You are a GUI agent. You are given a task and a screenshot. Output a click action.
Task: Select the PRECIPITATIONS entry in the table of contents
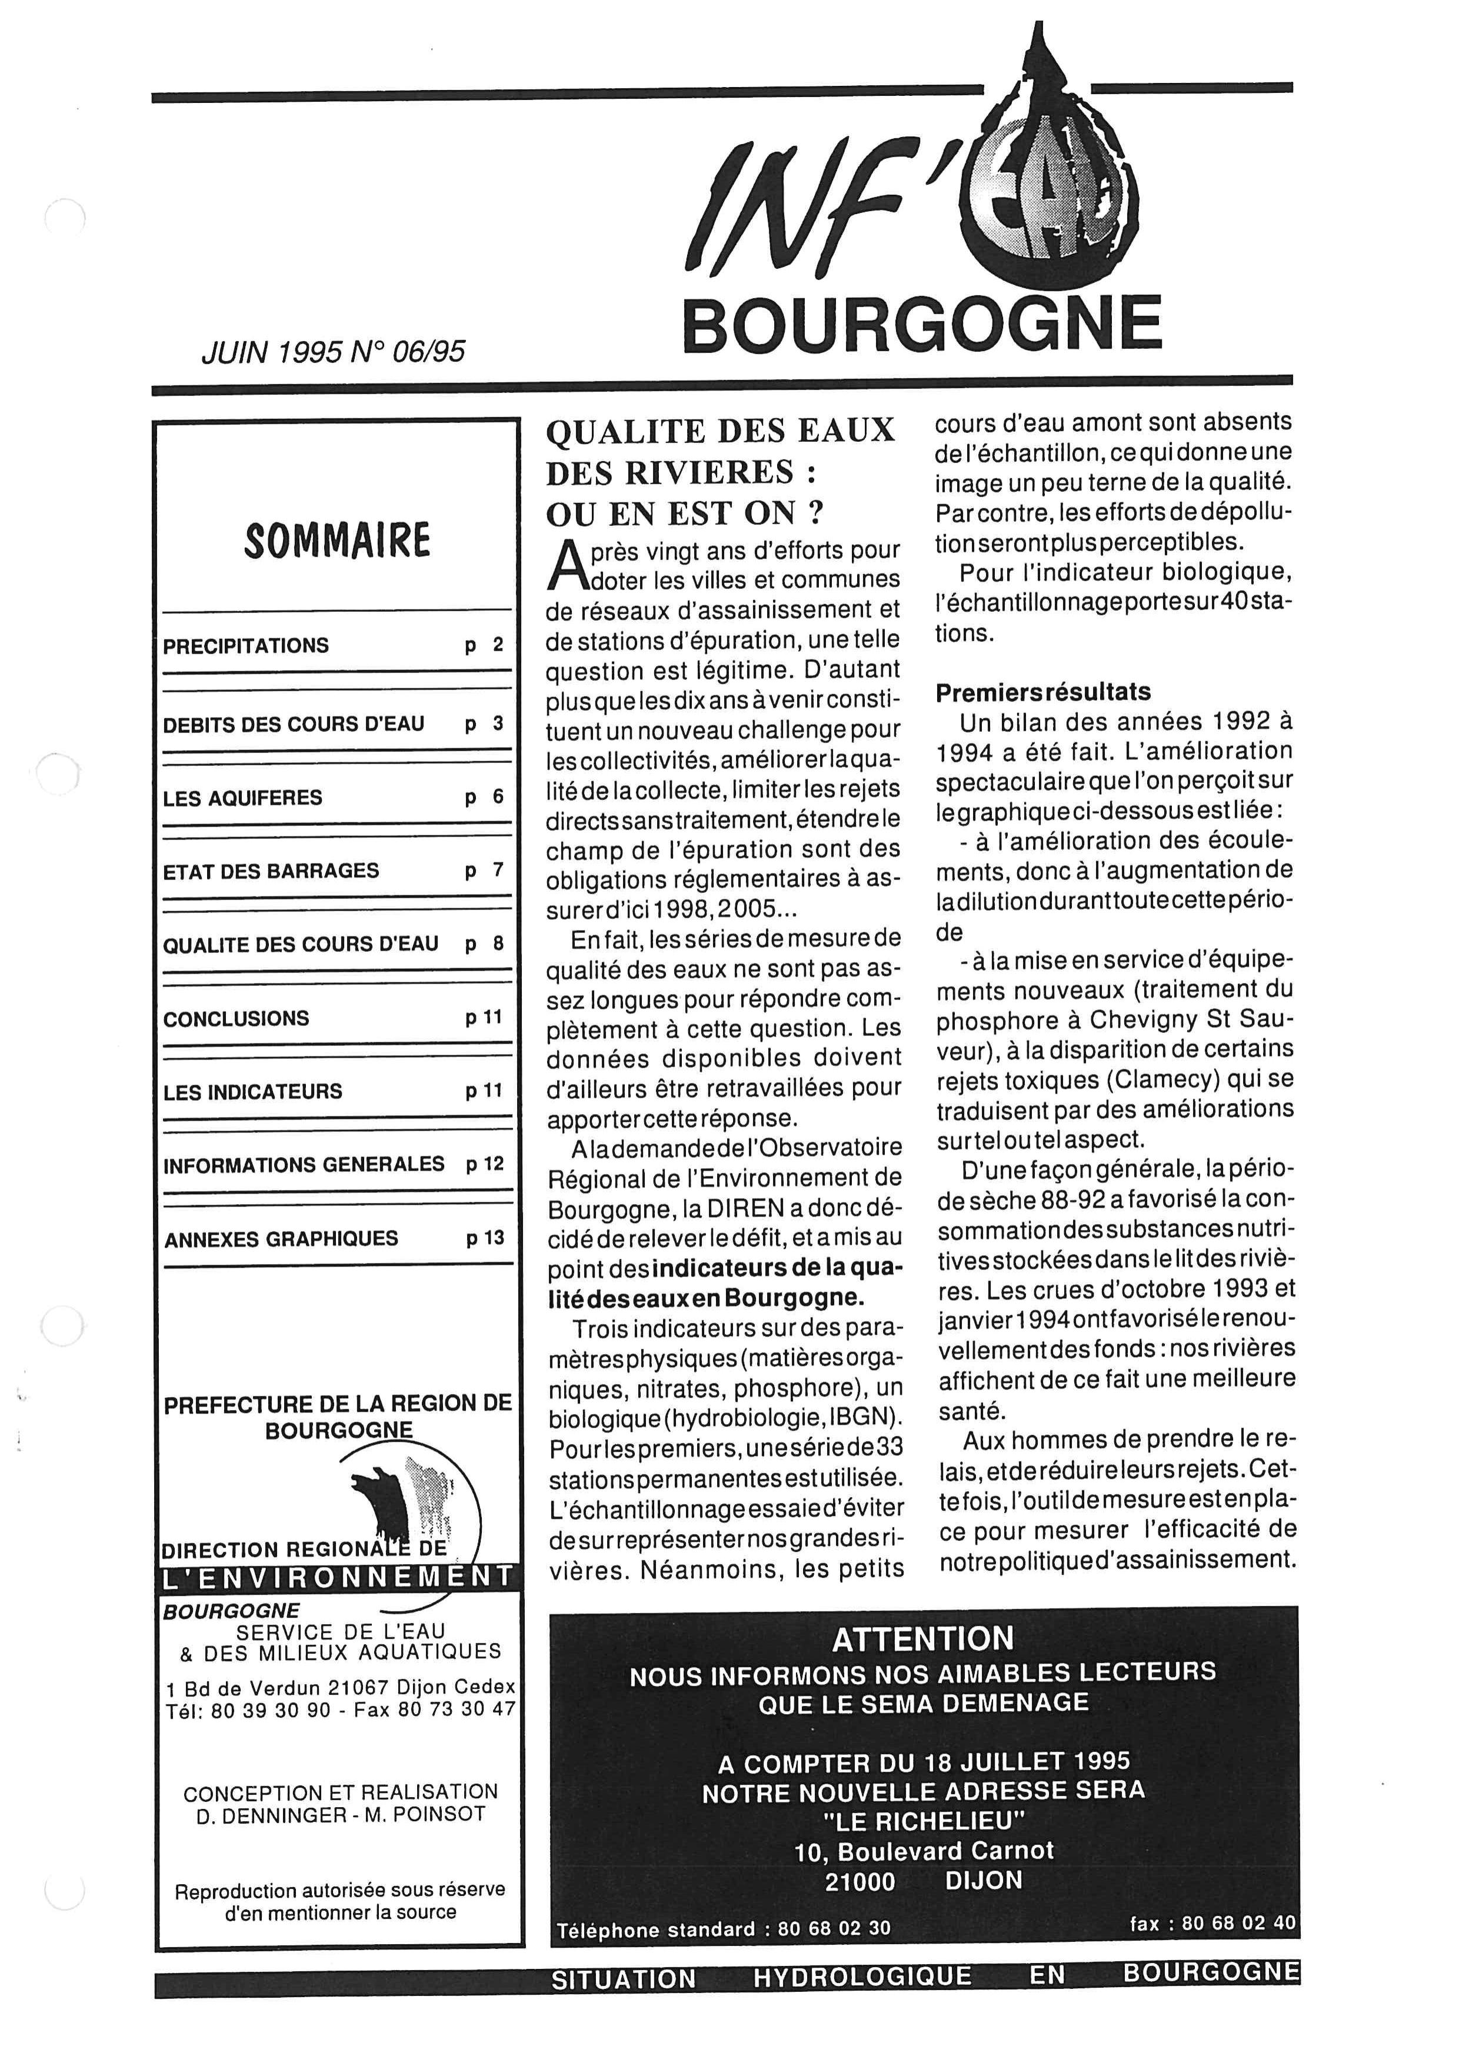point(246,645)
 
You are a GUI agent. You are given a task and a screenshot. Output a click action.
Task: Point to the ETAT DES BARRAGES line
point(271,871)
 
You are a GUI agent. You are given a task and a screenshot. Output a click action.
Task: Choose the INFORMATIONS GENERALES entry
point(304,1165)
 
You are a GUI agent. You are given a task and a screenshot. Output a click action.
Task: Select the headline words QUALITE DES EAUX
point(721,431)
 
